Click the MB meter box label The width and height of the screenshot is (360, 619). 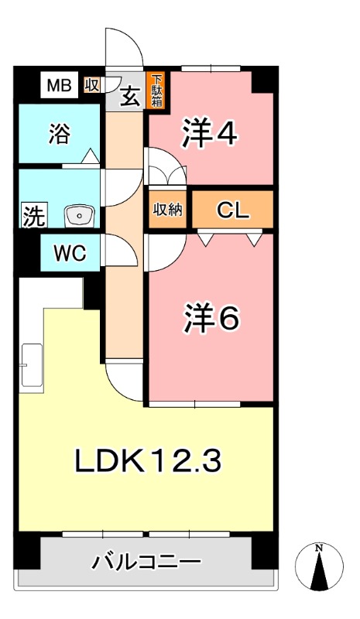coord(60,85)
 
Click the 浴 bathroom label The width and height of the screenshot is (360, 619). coord(60,133)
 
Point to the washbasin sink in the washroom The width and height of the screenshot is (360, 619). coord(80,217)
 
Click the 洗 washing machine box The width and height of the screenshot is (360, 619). coord(34,215)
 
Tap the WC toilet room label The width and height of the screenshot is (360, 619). coord(70,253)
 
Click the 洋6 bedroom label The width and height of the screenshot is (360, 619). coord(211,318)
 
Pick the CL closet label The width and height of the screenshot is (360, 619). coord(233,210)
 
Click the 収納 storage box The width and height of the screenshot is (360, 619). coord(168,210)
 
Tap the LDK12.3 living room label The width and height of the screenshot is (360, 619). coord(148,460)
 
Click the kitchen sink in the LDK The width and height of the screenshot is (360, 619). coord(32,364)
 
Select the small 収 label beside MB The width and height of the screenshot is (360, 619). coord(91,85)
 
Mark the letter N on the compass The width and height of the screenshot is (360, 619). coord(318,548)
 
